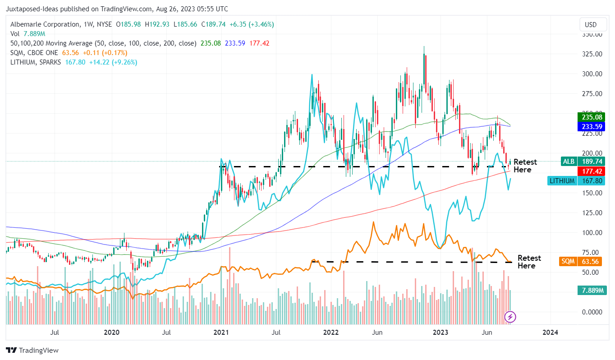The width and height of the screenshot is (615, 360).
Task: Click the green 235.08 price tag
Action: [591, 117]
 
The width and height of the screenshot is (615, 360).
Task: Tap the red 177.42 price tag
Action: [591, 171]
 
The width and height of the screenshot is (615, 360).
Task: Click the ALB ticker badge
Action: [568, 161]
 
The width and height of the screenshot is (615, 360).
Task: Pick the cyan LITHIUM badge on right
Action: [562, 181]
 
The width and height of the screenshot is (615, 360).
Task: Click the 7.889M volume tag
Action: [591, 290]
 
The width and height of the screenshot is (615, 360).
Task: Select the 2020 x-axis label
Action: [111, 332]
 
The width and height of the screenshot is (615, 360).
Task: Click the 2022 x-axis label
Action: [331, 332]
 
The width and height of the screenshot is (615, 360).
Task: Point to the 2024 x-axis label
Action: [550, 332]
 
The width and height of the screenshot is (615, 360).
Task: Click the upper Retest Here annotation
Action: [525, 166]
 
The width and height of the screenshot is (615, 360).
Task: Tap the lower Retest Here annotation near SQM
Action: [529, 262]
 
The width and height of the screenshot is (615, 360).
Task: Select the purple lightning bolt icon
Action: [510, 317]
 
